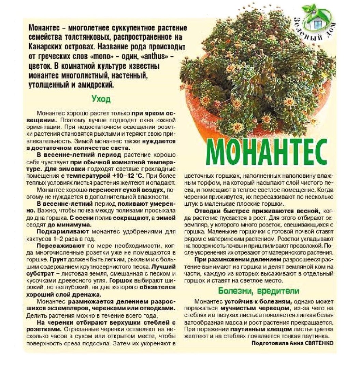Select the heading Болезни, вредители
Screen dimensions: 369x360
click(259, 291)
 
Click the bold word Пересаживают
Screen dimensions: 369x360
click(56, 246)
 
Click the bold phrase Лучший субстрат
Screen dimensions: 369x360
click(50, 270)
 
